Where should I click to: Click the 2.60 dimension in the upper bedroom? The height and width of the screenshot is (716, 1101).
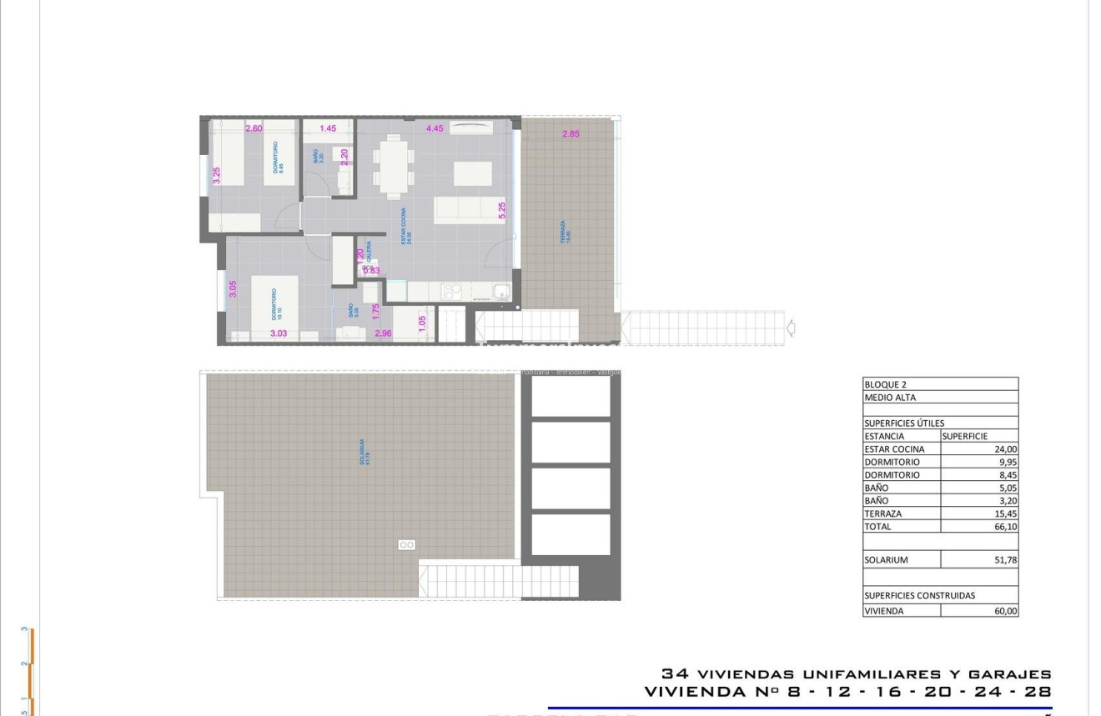(254, 128)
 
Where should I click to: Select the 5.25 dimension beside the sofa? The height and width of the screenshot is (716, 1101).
(502, 210)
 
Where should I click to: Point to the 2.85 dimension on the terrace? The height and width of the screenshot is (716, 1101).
(571, 133)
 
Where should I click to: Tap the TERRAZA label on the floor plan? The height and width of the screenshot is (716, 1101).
(564, 231)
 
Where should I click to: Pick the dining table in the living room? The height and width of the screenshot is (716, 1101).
(392, 167)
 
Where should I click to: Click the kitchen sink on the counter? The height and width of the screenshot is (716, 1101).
(500, 292)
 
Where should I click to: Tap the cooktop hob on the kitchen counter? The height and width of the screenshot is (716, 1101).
(451, 291)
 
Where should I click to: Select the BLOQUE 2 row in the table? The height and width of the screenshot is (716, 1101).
(940, 384)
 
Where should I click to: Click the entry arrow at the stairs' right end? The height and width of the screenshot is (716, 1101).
(791, 328)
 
